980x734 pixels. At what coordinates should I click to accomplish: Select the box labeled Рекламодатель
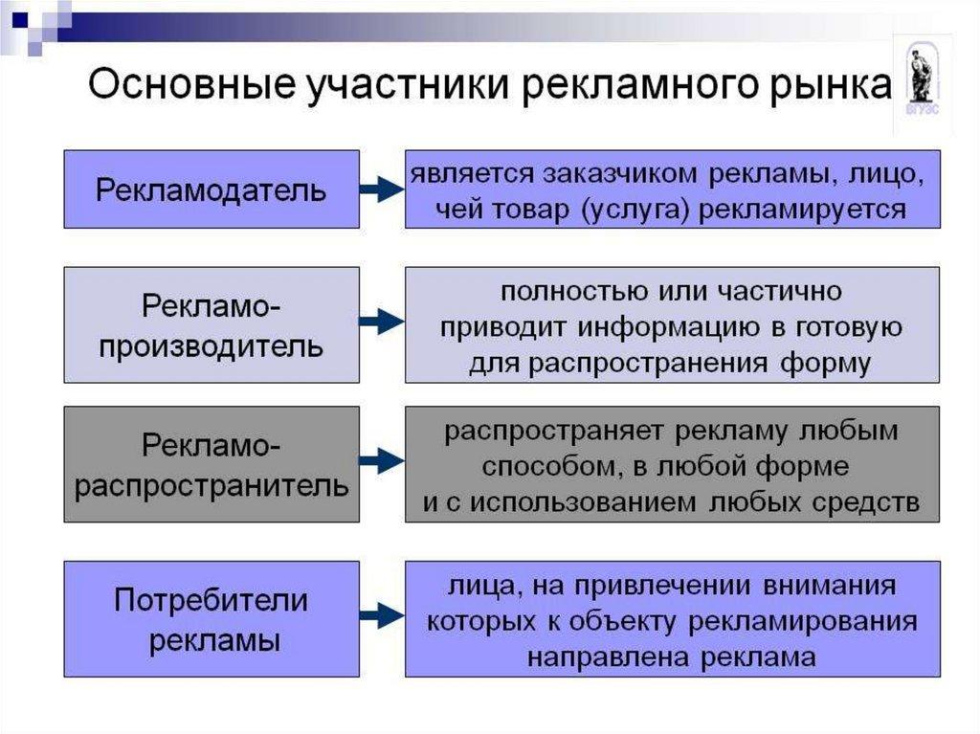click(212, 189)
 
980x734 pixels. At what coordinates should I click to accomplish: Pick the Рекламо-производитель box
click(212, 325)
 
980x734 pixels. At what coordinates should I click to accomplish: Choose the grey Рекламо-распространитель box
click(212, 464)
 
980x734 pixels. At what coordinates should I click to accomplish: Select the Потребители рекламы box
click(212, 619)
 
